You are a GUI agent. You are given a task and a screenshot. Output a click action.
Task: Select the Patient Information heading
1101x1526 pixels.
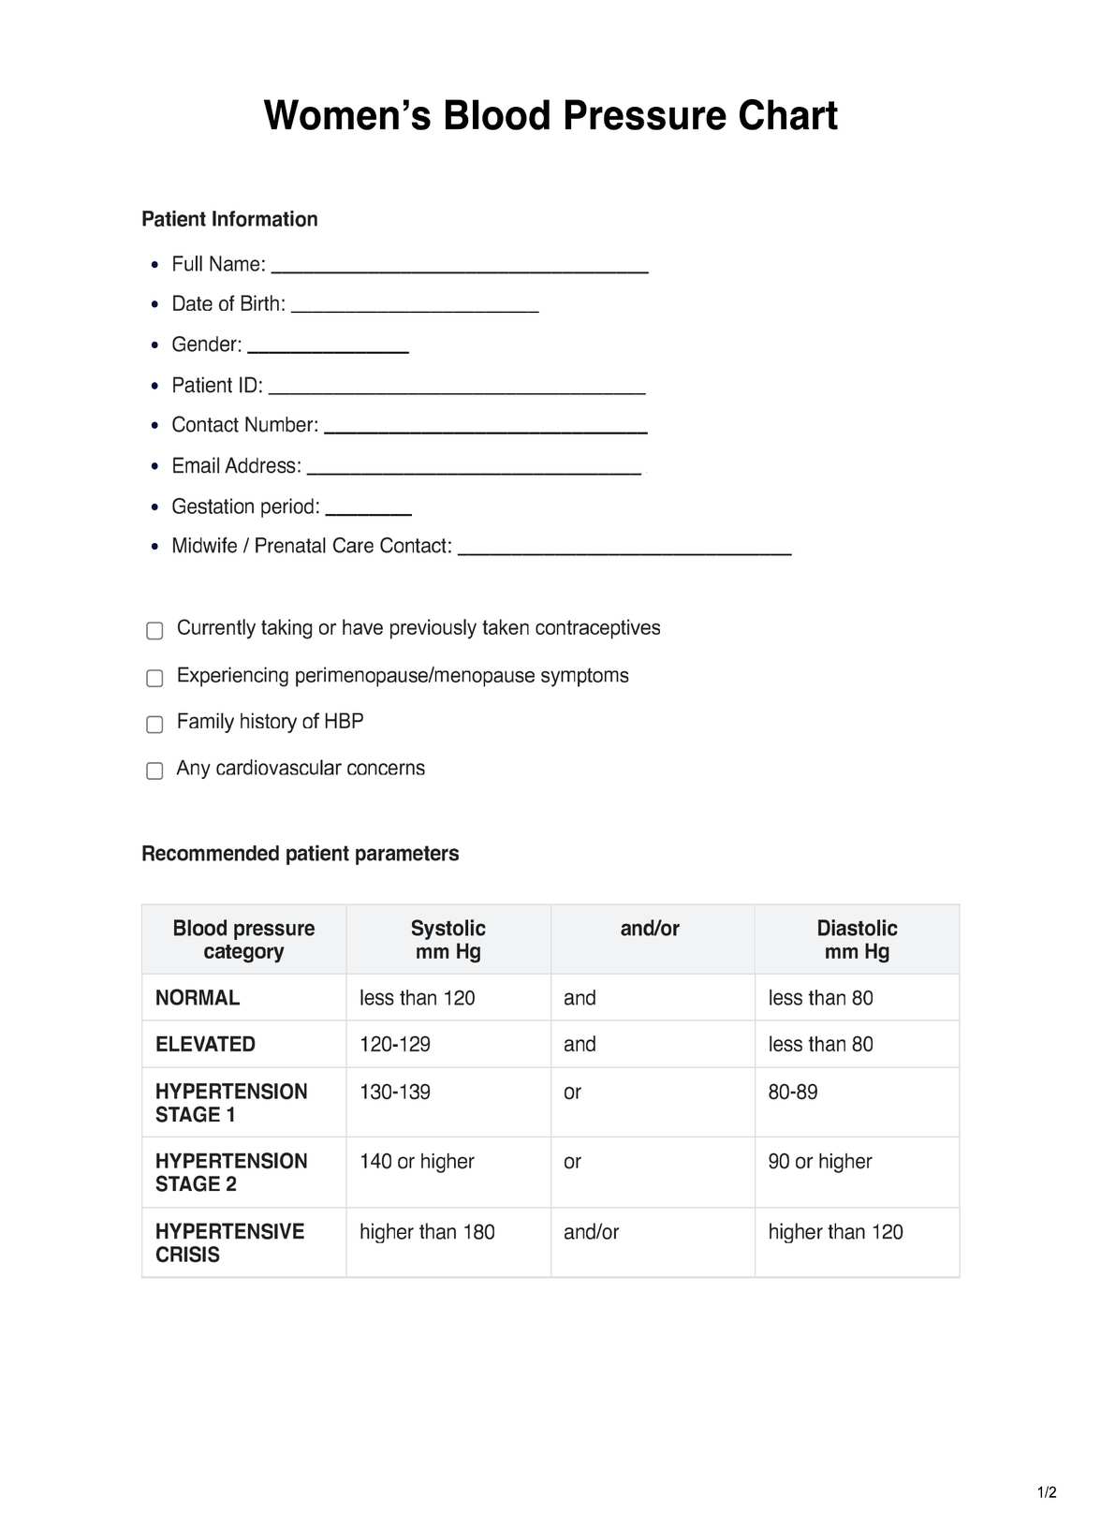click(x=229, y=219)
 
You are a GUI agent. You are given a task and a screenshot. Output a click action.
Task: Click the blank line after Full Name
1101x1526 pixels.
click(x=460, y=268)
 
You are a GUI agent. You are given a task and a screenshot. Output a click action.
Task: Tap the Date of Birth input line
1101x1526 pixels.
click(x=415, y=307)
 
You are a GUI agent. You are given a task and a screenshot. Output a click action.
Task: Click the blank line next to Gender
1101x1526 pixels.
click(x=328, y=348)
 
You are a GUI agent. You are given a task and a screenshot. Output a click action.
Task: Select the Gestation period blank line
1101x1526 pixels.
click(x=369, y=510)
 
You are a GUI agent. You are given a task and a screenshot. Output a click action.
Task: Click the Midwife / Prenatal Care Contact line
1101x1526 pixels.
click(x=624, y=550)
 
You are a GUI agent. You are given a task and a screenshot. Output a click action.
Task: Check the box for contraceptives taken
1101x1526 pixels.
click(x=155, y=630)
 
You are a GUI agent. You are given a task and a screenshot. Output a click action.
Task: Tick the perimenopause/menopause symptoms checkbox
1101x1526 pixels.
click(x=155, y=678)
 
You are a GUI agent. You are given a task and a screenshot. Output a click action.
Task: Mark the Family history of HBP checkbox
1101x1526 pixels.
click(x=155, y=724)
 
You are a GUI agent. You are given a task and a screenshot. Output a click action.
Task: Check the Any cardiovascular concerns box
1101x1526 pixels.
click(x=155, y=770)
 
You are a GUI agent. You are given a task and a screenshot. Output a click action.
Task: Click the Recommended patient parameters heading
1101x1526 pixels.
click(x=300, y=854)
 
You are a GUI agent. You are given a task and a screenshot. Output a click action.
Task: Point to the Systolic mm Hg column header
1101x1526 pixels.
click(x=448, y=940)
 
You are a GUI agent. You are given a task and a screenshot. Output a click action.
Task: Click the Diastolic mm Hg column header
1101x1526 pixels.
click(x=857, y=940)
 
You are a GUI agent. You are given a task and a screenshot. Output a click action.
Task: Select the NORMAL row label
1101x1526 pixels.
click(x=198, y=998)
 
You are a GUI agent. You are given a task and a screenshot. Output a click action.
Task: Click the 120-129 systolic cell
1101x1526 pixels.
click(x=395, y=1045)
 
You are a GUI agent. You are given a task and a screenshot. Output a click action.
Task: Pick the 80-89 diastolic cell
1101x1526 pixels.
click(x=793, y=1093)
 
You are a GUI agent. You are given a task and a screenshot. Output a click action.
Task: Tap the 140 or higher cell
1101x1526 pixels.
click(x=417, y=1162)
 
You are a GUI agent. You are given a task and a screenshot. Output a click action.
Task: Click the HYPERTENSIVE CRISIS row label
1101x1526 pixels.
click(x=229, y=1243)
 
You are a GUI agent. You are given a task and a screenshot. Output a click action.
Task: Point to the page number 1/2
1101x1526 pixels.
click(x=1047, y=1492)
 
